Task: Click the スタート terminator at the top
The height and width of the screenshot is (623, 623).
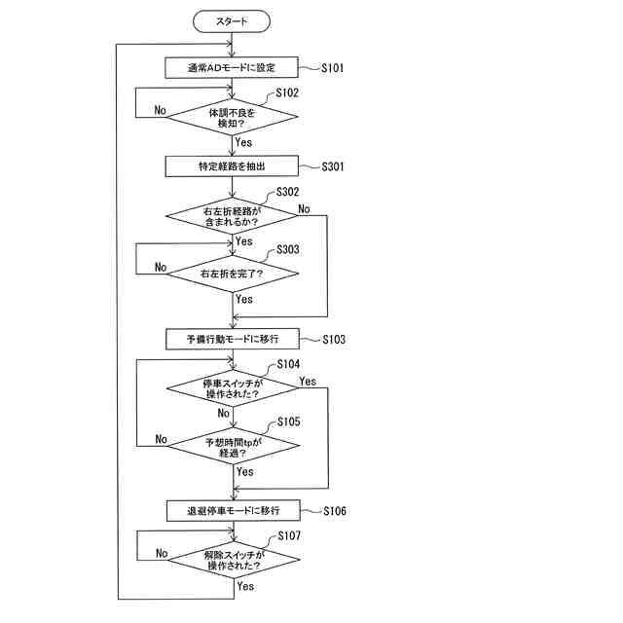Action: [x=232, y=19]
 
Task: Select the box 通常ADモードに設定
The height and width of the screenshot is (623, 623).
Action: [x=233, y=68]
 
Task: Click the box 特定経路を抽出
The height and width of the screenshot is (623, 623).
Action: [x=233, y=166]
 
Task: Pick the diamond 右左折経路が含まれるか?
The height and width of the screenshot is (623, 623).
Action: [x=233, y=216]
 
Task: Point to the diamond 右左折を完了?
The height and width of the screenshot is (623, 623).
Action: [x=233, y=274]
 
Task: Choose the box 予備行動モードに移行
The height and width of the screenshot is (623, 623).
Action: [x=233, y=340]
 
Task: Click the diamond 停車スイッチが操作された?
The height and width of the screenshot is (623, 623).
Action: [x=233, y=387]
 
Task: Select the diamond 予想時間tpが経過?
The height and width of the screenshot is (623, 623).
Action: [x=233, y=447]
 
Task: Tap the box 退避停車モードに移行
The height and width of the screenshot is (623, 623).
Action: [x=233, y=510]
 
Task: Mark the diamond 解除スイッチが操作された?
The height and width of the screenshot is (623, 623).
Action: [x=233, y=560]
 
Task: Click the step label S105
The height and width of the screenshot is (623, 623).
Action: [x=289, y=422]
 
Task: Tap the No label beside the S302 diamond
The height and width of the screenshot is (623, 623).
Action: [x=304, y=208]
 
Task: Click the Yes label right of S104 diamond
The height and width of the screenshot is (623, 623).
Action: [x=308, y=381]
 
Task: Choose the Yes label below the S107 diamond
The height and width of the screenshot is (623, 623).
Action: [x=245, y=586]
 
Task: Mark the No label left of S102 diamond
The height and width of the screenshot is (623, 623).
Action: [x=161, y=109]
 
